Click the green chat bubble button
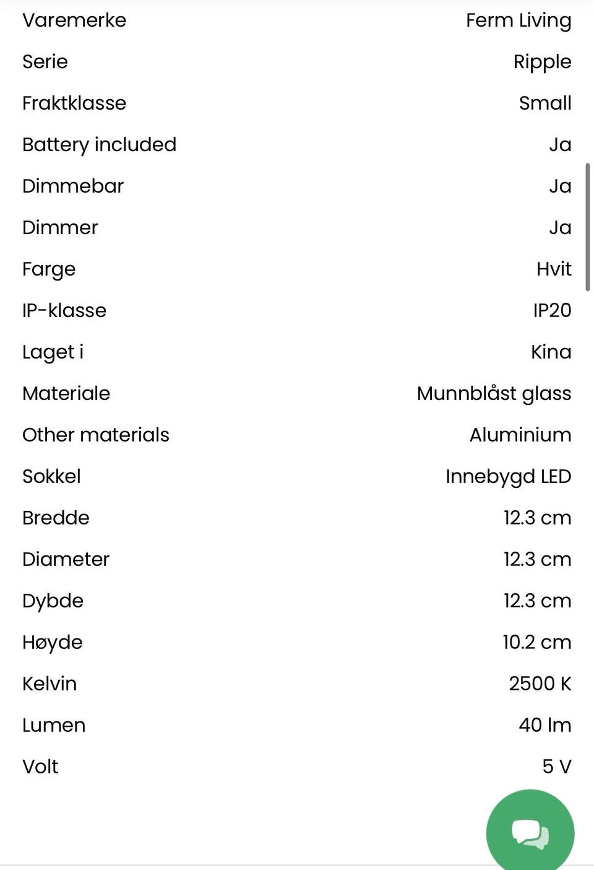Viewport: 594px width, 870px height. click(x=530, y=832)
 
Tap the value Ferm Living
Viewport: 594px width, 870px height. click(x=519, y=20)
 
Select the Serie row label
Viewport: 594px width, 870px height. click(x=45, y=62)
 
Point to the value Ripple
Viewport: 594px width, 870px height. click(x=542, y=62)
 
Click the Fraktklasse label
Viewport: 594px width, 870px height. click(x=74, y=103)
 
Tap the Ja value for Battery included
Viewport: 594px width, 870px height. click(x=560, y=145)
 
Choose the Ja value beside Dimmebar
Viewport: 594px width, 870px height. click(x=560, y=186)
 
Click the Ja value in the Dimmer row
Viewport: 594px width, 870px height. click(x=560, y=228)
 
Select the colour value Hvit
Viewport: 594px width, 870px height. click(x=554, y=269)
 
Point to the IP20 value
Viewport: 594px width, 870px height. click(x=552, y=311)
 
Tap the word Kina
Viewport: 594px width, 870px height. click(x=551, y=352)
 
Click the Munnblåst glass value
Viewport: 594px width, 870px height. click(x=494, y=394)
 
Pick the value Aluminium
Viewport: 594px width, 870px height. click(x=520, y=435)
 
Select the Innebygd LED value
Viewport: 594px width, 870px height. click(x=508, y=477)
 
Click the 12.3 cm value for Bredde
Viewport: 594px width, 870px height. click(x=537, y=518)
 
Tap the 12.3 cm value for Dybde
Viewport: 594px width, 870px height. click(x=537, y=601)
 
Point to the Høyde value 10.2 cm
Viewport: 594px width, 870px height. click(x=536, y=643)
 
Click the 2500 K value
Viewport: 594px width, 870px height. click(x=540, y=684)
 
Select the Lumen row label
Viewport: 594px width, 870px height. click(x=54, y=726)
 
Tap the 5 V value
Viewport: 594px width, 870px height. click(x=556, y=767)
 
